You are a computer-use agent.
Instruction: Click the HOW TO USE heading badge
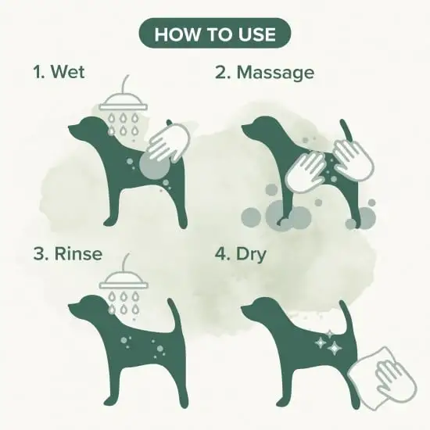point(215,33)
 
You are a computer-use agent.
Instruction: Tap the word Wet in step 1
point(68,71)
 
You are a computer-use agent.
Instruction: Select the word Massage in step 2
point(275,73)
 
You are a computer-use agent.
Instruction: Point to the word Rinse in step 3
point(78,253)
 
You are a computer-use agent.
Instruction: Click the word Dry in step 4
point(251,255)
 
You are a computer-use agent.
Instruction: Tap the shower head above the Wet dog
point(123,102)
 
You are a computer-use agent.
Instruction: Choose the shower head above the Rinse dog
point(124,281)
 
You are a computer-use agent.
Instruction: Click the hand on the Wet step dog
point(169,142)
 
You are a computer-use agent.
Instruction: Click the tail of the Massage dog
point(346,131)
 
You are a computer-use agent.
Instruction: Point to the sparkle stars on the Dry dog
point(328,342)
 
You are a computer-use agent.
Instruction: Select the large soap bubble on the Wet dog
point(154,165)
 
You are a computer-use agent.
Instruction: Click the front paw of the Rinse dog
point(109,402)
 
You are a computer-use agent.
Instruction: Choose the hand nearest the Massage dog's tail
point(353,159)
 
